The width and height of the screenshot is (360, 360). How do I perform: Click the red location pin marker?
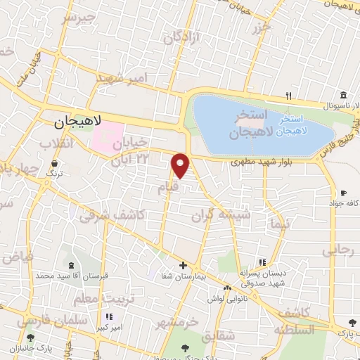(x=181, y=165)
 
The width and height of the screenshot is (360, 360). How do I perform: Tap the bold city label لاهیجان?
(x=78, y=121)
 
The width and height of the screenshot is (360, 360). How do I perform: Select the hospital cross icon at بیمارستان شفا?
(x=183, y=265)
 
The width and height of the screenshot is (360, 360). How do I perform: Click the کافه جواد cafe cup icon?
(x=343, y=193)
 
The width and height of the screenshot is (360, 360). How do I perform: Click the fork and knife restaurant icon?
(x=288, y=96)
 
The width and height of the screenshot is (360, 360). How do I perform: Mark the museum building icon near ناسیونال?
(x=342, y=96)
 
